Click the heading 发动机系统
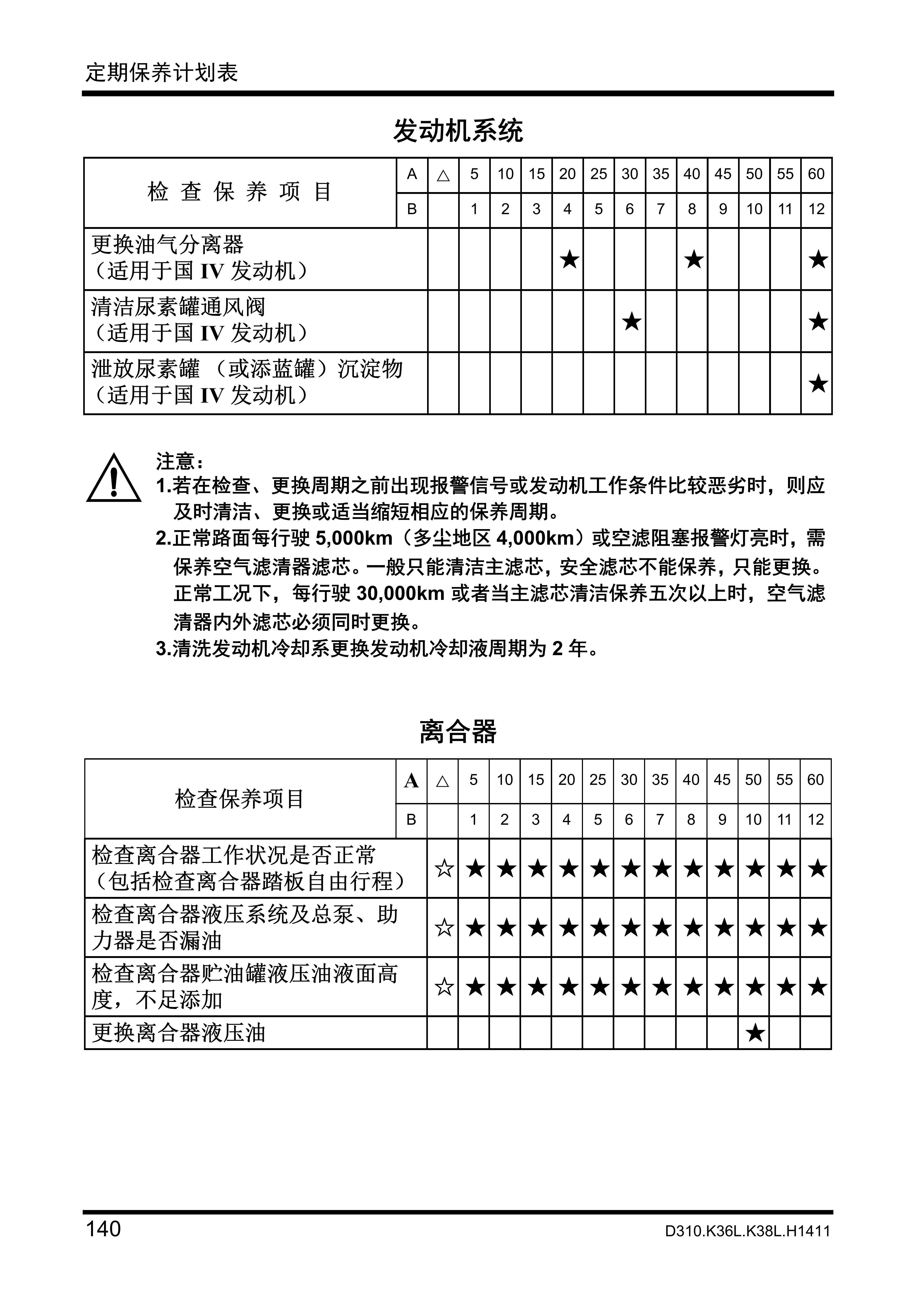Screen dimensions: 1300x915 458,131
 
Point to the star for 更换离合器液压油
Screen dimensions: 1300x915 754,1033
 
